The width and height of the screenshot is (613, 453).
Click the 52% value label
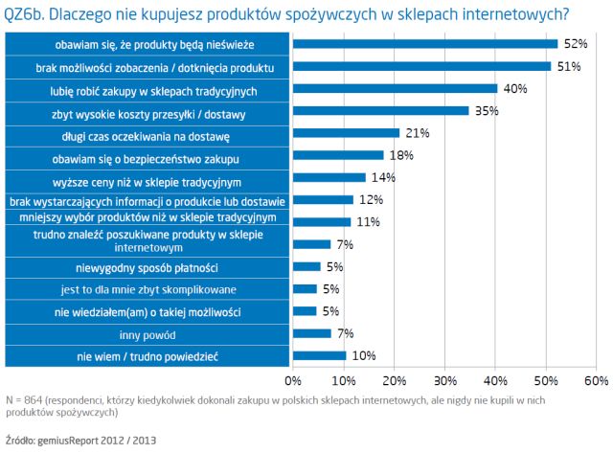pyautogui.click(x=575, y=44)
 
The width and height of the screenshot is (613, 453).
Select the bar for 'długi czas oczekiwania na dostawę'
pyautogui.click(x=346, y=132)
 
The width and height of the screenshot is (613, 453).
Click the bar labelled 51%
pyautogui.click(x=421, y=66)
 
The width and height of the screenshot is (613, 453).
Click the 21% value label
pyautogui.click(x=418, y=132)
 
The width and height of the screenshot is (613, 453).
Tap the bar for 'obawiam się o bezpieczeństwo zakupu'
pyautogui.click(x=338, y=155)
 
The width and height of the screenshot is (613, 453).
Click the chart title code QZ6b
pyautogui.click(x=28, y=14)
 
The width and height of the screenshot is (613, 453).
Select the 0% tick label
pyautogui.click(x=293, y=381)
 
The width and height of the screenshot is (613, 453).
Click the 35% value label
pyautogui.click(x=488, y=111)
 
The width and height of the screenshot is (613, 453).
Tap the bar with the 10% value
pyautogui.click(x=318, y=356)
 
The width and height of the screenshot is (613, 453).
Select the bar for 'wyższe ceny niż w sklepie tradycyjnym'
pyautogui.click(x=329, y=177)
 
